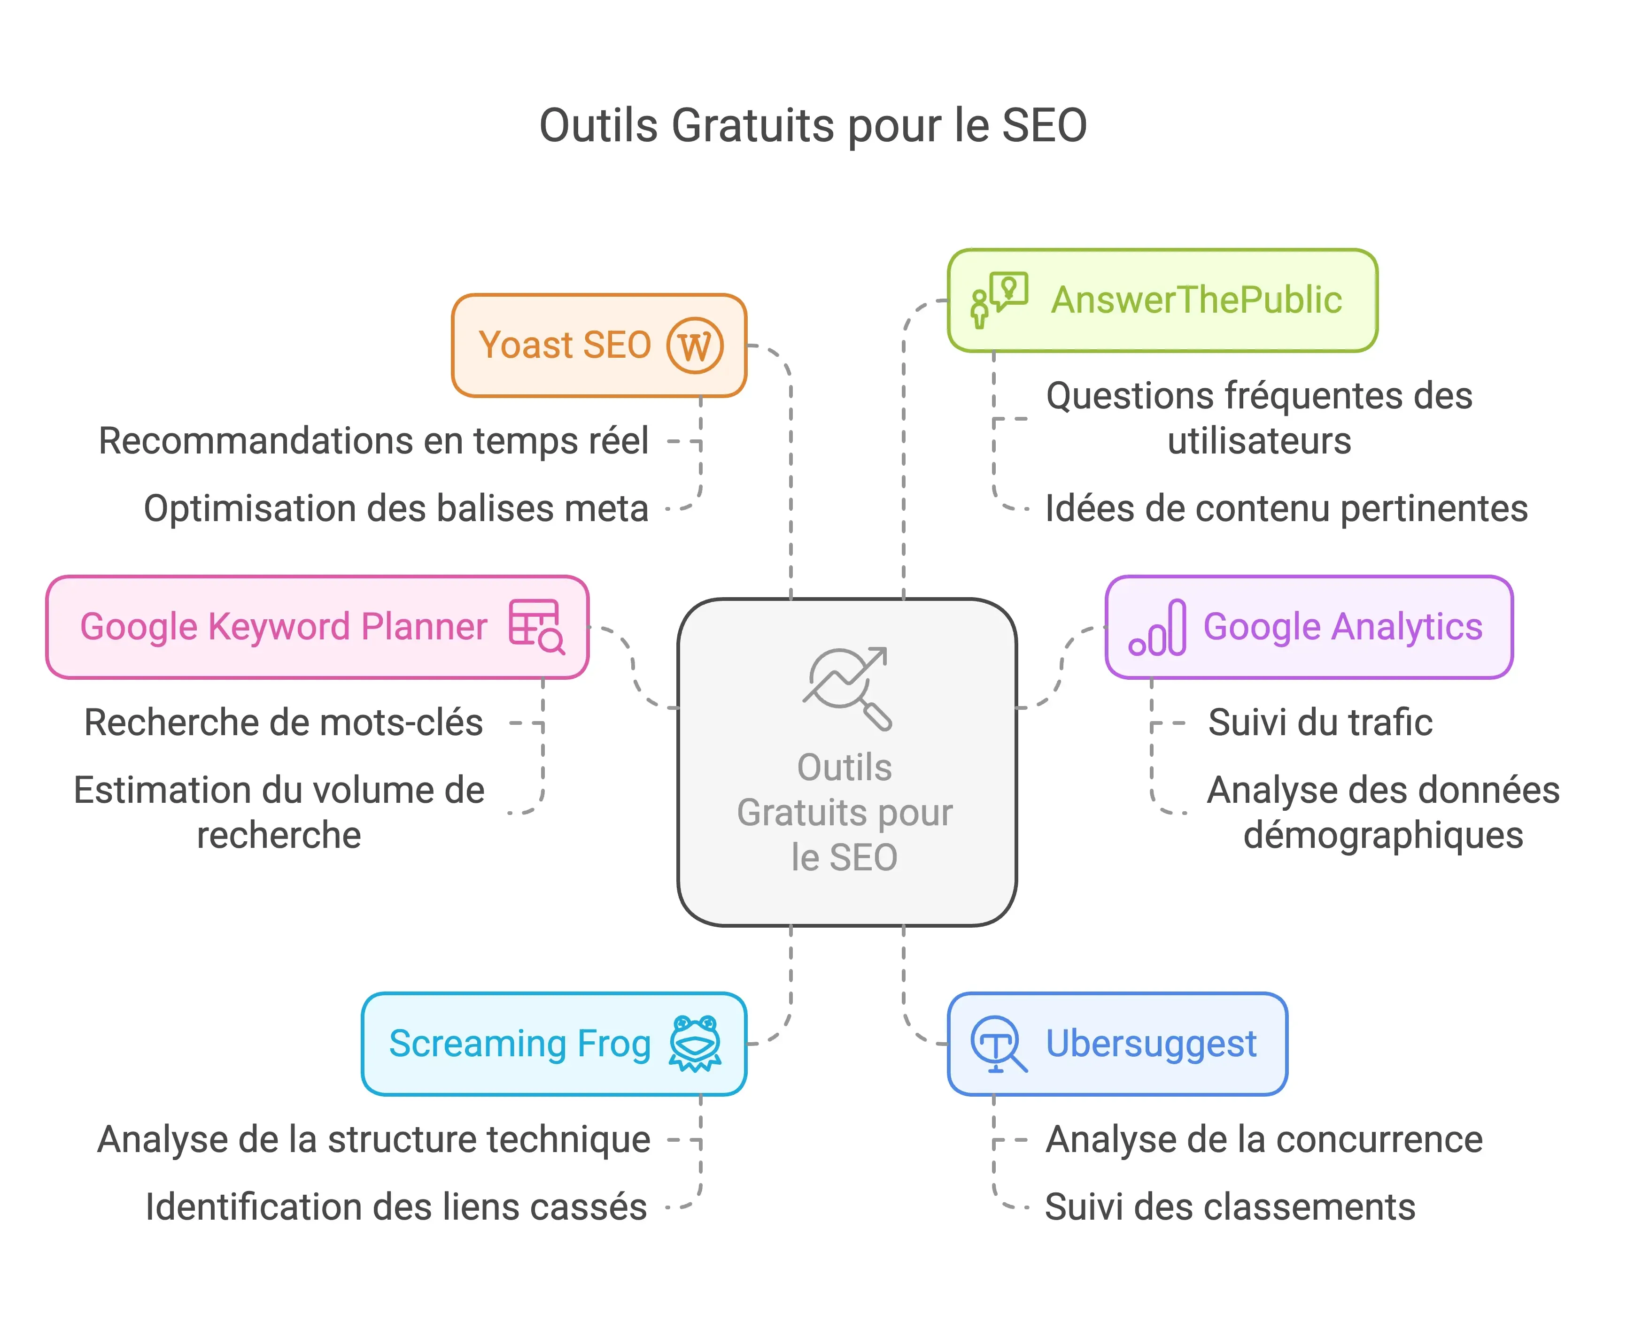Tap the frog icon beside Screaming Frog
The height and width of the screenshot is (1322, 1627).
695,1043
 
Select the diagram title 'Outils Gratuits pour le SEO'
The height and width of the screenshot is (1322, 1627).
813,126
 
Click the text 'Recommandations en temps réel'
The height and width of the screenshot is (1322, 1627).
373,441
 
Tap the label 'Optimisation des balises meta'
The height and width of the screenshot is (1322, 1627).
396,509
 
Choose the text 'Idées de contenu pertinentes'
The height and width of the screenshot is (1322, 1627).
1286,509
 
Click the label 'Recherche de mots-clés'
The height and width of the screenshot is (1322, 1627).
283,722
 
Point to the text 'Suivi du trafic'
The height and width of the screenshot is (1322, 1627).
1320,722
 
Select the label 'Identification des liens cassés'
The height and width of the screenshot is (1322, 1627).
396,1207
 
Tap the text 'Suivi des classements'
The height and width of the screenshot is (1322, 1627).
1229,1207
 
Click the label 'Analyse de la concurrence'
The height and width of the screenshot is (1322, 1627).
1263,1140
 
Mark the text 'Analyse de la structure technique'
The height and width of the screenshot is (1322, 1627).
374,1140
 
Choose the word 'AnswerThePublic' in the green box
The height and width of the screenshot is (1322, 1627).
1196,300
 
